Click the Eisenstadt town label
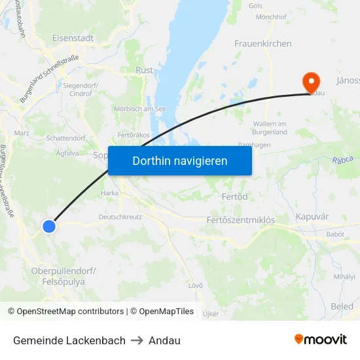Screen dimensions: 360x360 point(73,38)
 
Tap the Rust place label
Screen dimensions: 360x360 point(144,70)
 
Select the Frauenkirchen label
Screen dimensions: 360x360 point(263,43)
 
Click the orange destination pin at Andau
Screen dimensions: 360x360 point(311,82)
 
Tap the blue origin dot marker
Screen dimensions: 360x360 point(49,226)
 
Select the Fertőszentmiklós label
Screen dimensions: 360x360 point(240,220)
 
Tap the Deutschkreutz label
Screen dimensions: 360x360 point(120,217)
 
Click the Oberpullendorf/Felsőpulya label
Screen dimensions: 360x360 point(63,276)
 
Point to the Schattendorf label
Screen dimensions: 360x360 point(66,138)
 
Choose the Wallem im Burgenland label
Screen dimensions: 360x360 point(270,128)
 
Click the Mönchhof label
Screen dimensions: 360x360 point(272,16)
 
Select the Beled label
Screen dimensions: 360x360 point(342,306)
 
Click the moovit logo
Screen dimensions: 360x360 point(321,340)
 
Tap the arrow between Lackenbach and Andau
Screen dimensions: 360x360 point(137,340)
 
